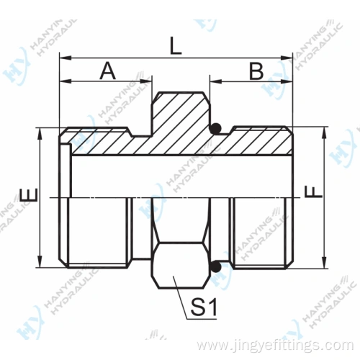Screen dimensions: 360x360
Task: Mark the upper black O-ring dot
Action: click(x=213, y=130)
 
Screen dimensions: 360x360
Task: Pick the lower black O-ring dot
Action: click(x=213, y=268)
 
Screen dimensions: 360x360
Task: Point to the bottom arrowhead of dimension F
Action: click(x=324, y=264)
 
